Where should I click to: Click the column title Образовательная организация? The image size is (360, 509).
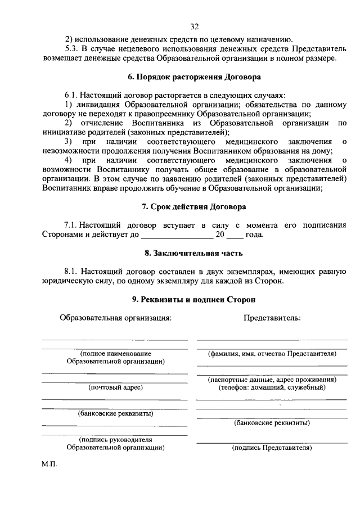pos(115,318)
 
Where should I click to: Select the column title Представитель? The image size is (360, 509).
pos(272,318)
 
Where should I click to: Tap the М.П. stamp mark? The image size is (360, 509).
pos(49,466)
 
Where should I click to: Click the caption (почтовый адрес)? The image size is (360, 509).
pos(115,387)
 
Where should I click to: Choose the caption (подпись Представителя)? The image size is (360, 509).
pos(272,448)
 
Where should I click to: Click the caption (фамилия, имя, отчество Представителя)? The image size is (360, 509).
pos(272,354)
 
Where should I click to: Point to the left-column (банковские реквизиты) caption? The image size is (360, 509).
pos(115,413)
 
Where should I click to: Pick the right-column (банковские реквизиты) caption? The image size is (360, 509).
pos(272,422)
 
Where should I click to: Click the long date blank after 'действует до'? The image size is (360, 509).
pos(177,235)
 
